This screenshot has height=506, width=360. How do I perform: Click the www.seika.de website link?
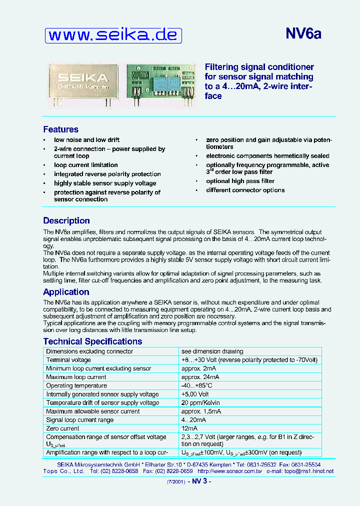click(113, 35)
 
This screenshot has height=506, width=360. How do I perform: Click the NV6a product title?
click(303, 33)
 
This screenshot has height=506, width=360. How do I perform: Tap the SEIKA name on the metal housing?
click(82, 77)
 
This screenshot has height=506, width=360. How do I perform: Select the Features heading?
click(60, 129)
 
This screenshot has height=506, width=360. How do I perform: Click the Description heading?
click(66, 220)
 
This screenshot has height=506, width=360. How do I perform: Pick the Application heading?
click(66, 292)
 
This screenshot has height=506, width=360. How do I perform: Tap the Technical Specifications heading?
click(92, 341)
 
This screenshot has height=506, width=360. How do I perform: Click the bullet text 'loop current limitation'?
click(86, 165)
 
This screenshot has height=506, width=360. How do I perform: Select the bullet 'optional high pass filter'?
click(240, 181)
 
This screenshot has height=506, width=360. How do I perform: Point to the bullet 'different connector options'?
click(245, 190)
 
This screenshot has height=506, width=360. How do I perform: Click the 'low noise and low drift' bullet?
click(86, 140)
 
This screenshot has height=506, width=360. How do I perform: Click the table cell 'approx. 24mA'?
click(200, 377)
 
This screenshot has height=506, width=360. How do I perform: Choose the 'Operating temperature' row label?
click(76, 385)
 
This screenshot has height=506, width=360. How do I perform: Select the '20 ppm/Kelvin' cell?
click(200, 403)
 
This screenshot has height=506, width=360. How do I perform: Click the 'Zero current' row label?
click(62, 428)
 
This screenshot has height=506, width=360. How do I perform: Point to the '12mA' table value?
click(189, 428)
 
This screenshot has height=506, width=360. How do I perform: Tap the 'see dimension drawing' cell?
click(212, 351)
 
